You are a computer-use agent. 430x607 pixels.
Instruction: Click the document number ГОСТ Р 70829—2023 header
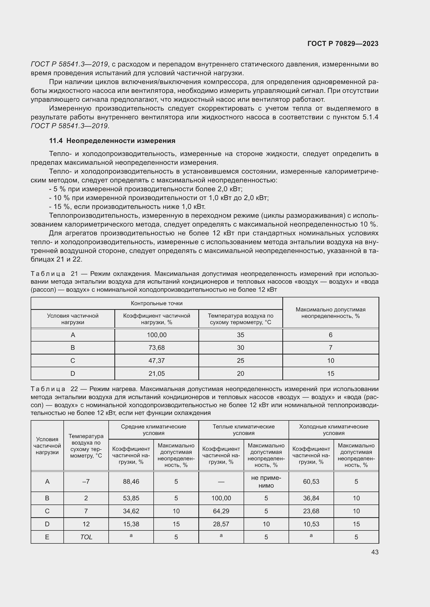click(x=343, y=44)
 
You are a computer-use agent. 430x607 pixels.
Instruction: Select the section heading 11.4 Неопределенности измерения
click(x=112, y=141)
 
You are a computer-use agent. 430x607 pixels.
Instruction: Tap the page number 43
click(x=375, y=552)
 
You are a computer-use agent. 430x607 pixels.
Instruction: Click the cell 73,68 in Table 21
click(x=157, y=348)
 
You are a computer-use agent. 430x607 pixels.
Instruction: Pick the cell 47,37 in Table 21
click(x=157, y=361)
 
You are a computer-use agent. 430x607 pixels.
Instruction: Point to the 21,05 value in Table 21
click(x=157, y=373)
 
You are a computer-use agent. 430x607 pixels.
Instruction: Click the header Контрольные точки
click(x=157, y=303)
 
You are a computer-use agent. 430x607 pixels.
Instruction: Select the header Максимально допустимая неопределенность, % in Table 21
click(x=330, y=313)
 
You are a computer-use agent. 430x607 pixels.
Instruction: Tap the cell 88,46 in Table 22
click(x=131, y=482)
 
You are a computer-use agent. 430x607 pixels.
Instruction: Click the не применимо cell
click(x=266, y=482)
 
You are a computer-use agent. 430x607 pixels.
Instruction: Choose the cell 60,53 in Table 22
click(x=311, y=482)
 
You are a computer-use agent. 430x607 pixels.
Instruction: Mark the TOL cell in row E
click(x=86, y=537)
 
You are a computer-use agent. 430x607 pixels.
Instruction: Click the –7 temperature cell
click(x=86, y=482)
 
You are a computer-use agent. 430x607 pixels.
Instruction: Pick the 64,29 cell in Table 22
click(x=221, y=511)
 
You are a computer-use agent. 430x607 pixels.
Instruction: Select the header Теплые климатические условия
click(x=244, y=430)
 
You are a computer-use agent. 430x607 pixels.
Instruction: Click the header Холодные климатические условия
click(x=334, y=430)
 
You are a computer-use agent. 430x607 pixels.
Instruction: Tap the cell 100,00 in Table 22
click(x=221, y=498)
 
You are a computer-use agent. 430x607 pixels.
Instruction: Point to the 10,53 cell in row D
click(x=311, y=524)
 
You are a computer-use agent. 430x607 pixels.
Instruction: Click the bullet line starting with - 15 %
click(x=127, y=207)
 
